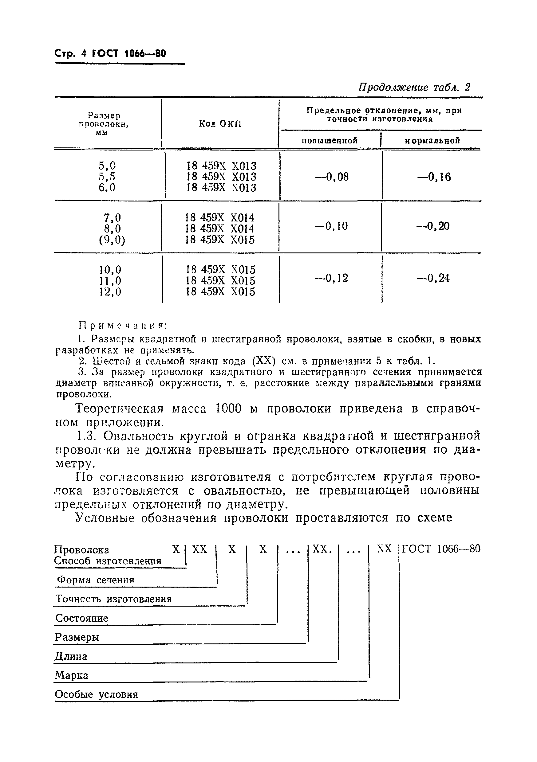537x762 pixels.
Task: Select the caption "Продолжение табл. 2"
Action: point(414,87)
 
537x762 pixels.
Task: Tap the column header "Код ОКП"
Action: point(220,124)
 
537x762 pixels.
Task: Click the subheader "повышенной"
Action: point(330,140)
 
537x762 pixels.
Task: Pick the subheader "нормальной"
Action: point(432,140)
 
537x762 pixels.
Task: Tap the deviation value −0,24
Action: point(433,278)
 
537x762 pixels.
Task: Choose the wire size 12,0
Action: point(110,292)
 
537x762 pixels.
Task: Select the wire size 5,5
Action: point(107,177)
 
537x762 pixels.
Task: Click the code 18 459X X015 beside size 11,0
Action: point(220,281)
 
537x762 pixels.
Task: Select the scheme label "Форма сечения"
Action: point(96,580)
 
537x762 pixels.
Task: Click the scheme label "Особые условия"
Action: point(96,694)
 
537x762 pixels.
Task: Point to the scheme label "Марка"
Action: point(71,675)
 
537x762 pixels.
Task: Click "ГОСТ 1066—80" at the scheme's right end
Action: point(441,549)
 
